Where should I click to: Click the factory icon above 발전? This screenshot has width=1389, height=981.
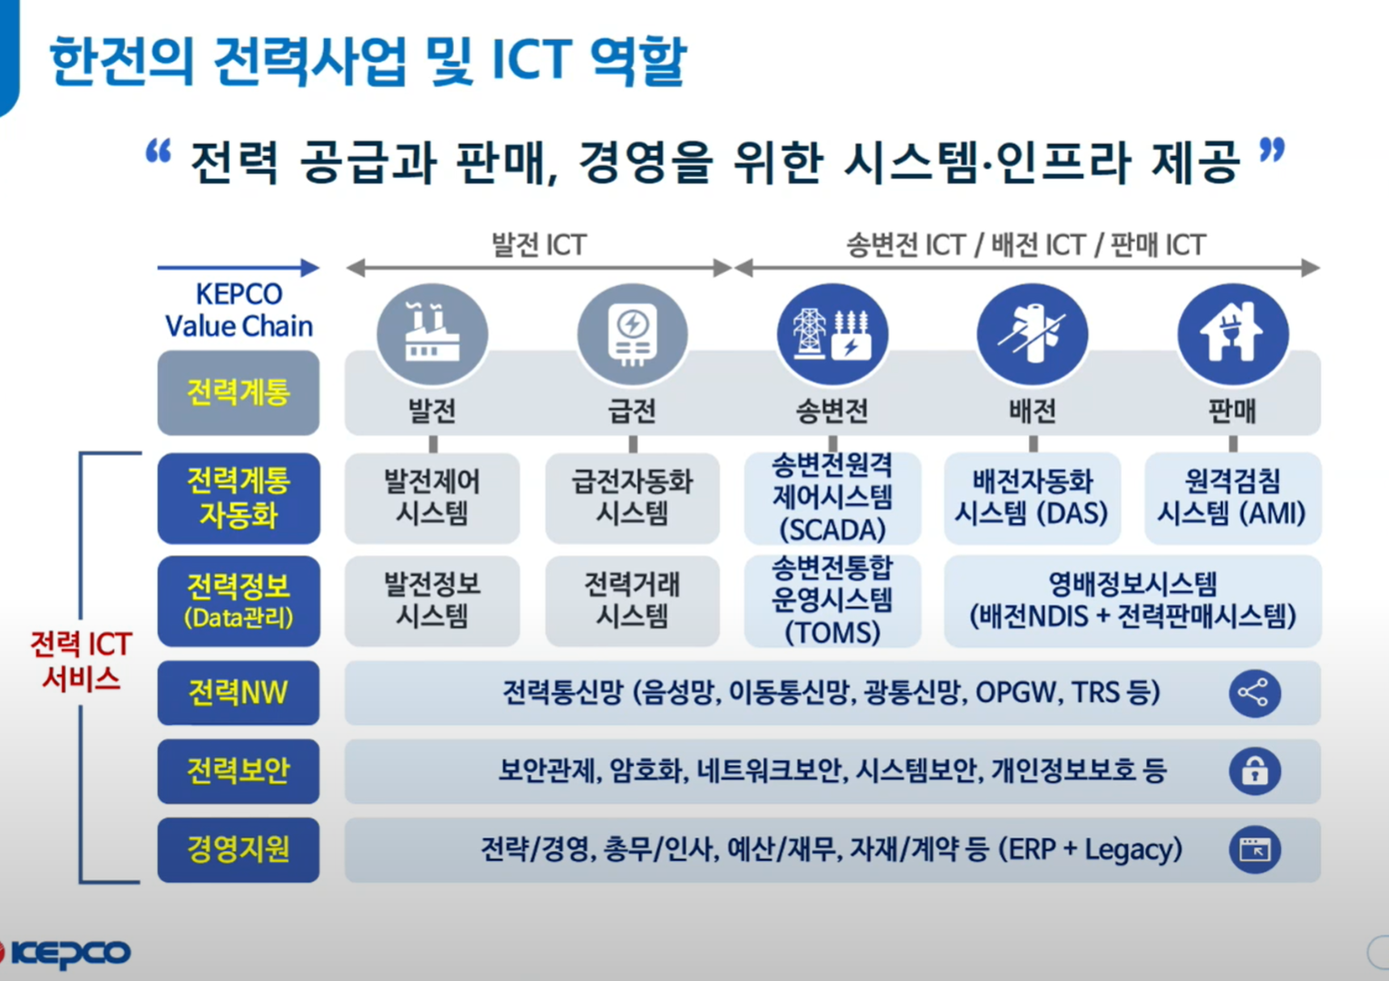tap(432, 334)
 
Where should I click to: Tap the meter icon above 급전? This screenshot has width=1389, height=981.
tap(633, 334)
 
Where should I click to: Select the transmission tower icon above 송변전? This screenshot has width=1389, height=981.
tap(832, 334)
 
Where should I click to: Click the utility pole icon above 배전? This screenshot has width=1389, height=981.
tap(1033, 334)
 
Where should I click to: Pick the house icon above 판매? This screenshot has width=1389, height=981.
tap(1232, 334)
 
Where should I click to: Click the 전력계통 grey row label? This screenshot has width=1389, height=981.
tap(238, 393)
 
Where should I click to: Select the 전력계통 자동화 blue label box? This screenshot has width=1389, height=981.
tap(238, 498)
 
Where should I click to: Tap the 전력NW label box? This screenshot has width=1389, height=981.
tap(238, 693)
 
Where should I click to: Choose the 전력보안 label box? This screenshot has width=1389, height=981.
tap(238, 771)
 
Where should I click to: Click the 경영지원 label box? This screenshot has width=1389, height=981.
tap(238, 849)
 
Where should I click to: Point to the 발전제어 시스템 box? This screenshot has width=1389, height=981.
tap(432, 498)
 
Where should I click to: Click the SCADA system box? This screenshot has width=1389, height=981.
tap(832, 498)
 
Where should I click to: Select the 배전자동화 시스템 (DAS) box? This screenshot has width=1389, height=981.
tap(1033, 498)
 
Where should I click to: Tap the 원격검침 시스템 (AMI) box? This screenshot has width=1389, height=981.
tap(1233, 498)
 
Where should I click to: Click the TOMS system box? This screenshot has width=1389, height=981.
tap(832, 601)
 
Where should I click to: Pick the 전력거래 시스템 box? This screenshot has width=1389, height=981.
tap(633, 601)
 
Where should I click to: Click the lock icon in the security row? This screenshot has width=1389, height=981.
tap(1255, 771)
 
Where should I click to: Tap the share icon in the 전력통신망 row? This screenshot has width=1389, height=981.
tap(1255, 693)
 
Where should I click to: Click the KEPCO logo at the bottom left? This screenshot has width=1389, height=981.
tap(66, 954)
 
